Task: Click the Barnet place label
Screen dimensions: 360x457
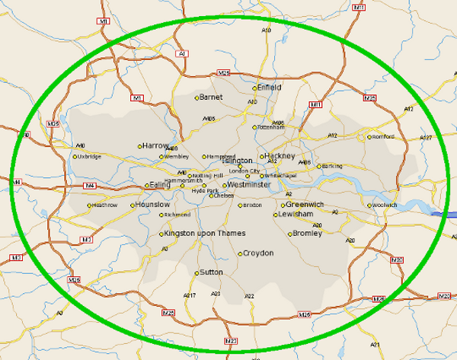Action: pos(211,97)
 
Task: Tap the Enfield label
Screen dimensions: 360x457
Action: pos(269,88)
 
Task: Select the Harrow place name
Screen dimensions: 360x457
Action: pos(155,145)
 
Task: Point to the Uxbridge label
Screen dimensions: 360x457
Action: pos(88,157)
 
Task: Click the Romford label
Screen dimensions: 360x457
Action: pos(382,137)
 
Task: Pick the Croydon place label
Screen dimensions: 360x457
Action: pos(257,253)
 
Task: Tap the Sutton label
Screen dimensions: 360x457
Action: pos(210,272)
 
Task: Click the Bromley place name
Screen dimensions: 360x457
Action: pos(308,233)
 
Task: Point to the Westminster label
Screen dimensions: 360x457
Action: pos(248,185)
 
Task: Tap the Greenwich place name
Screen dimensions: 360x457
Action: pos(305,205)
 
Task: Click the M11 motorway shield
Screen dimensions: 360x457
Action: pos(315,104)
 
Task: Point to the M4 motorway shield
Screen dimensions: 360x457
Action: pos(89,185)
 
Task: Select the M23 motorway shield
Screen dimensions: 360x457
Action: pos(231,341)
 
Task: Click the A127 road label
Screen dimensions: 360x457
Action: pos(426,138)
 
